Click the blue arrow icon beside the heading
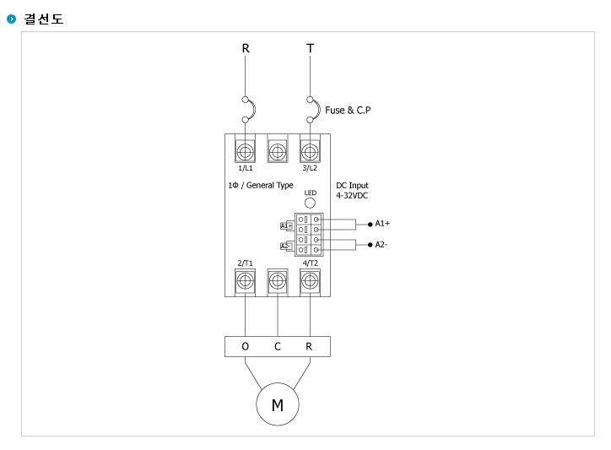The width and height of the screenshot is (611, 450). pyautogui.click(x=11, y=19)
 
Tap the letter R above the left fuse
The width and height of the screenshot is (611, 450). pyautogui.click(x=246, y=48)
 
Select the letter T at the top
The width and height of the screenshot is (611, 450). pyautogui.click(x=311, y=48)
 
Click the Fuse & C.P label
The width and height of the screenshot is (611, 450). pyautogui.click(x=348, y=111)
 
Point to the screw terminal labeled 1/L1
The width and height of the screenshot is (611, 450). pyautogui.click(x=245, y=151)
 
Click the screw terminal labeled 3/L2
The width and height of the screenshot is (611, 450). pyautogui.click(x=310, y=151)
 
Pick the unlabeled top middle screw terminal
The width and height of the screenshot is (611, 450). pyautogui.click(x=278, y=151)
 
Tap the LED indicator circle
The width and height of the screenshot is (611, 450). pyautogui.click(x=310, y=203)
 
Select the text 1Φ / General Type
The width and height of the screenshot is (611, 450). pyautogui.click(x=261, y=185)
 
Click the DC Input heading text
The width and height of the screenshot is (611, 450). pyautogui.click(x=352, y=185)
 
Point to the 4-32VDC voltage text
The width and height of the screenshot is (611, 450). pyautogui.click(x=352, y=196)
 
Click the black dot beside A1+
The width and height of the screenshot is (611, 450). pyautogui.click(x=370, y=225)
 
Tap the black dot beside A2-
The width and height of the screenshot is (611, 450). pyautogui.click(x=370, y=245)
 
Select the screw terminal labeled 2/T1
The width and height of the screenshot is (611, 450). pyautogui.click(x=245, y=281)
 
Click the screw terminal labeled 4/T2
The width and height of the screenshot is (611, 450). pyautogui.click(x=310, y=281)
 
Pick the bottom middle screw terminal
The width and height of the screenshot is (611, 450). pyautogui.click(x=278, y=281)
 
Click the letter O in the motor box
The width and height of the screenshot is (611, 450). pyautogui.click(x=245, y=346)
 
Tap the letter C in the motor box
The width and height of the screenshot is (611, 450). pyautogui.click(x=278, y=346)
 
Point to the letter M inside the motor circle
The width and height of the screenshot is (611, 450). pyautogui.click(x=278, y=405)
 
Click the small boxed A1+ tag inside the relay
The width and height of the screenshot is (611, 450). pyautogui.click(x=286, y=225)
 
